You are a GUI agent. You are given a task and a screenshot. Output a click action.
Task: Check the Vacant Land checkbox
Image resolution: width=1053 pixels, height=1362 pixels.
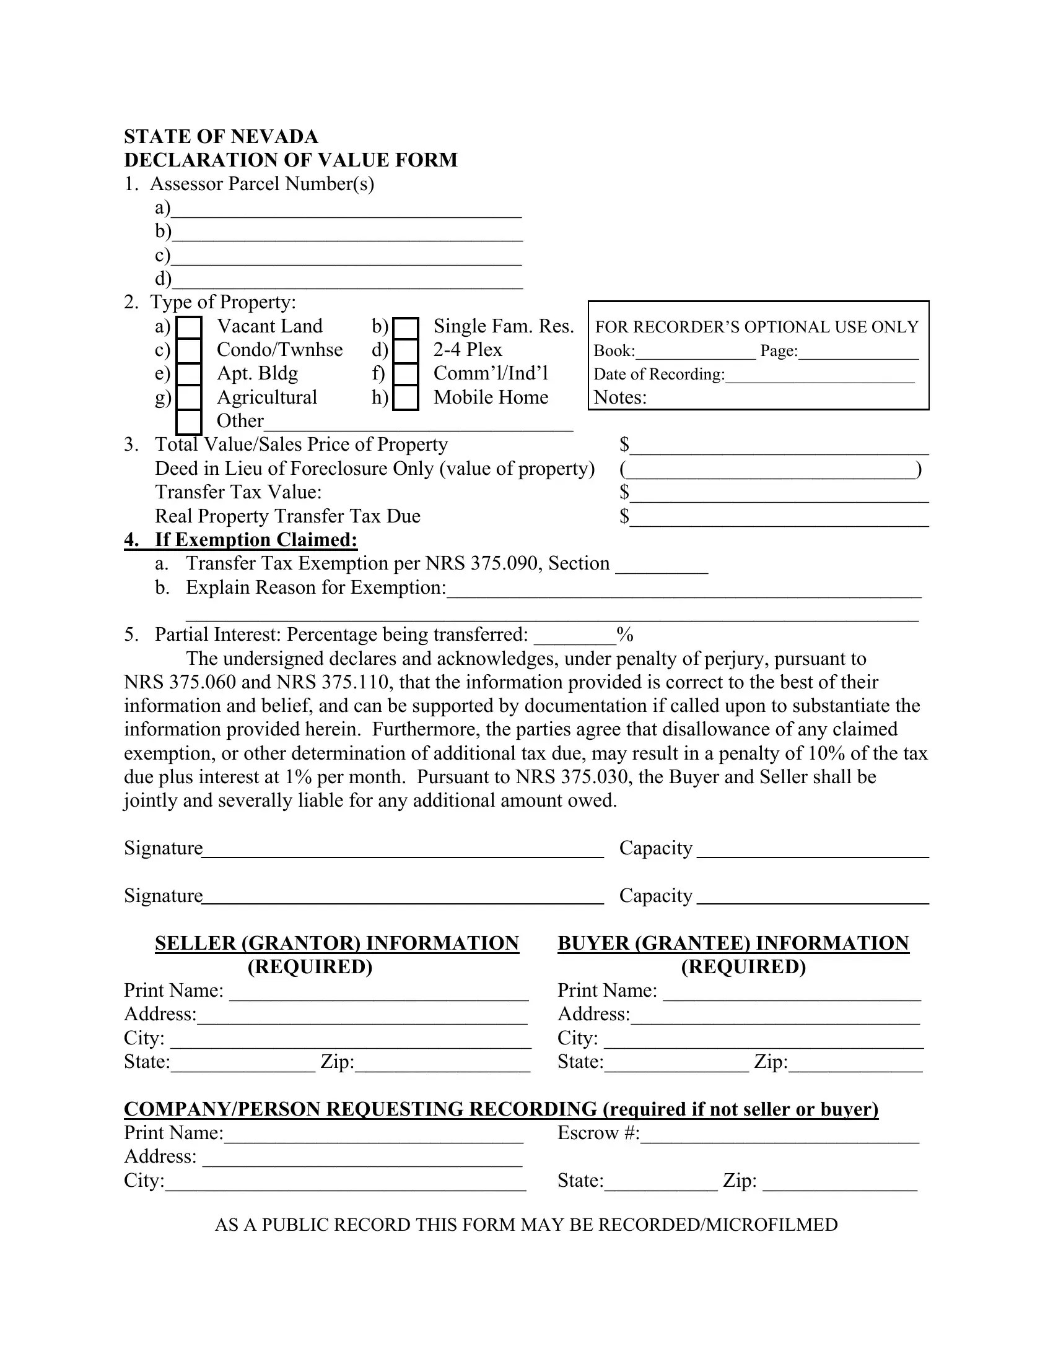tap(189, 327)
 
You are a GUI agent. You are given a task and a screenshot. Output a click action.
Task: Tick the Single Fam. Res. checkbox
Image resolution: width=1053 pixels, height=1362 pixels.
tap(406, 327)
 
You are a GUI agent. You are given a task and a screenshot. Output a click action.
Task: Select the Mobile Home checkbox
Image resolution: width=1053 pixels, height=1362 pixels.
tap(406, 397)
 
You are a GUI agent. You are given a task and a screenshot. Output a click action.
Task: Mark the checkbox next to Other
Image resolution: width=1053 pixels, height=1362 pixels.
tap(189, 422)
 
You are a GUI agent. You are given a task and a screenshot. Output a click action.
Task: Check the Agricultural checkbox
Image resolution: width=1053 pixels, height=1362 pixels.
tap(189, 397)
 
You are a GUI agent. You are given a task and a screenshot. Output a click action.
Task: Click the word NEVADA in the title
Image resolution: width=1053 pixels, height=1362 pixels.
tap(275, 137)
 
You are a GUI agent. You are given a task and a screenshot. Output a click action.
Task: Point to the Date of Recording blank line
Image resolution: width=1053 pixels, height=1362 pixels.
tap(819, 375)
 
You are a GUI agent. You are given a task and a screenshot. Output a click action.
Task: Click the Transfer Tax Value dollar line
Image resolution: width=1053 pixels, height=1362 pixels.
tap(779, 494)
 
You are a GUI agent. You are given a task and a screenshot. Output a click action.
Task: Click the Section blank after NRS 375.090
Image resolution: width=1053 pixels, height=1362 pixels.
tap(662, 565)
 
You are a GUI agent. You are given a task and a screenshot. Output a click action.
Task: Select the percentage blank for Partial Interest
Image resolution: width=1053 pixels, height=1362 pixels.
tap(575, 636)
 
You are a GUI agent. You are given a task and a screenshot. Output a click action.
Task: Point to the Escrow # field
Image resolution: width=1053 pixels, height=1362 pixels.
tap(780, 1134)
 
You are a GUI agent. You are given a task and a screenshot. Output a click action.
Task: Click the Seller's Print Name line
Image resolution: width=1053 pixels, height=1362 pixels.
tap(378, 992)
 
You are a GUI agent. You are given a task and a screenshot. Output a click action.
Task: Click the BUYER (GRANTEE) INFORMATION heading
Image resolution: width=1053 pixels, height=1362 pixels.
tap(733, 943)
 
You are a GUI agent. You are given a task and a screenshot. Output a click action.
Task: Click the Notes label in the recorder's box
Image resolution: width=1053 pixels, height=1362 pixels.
tap(620, 398)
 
